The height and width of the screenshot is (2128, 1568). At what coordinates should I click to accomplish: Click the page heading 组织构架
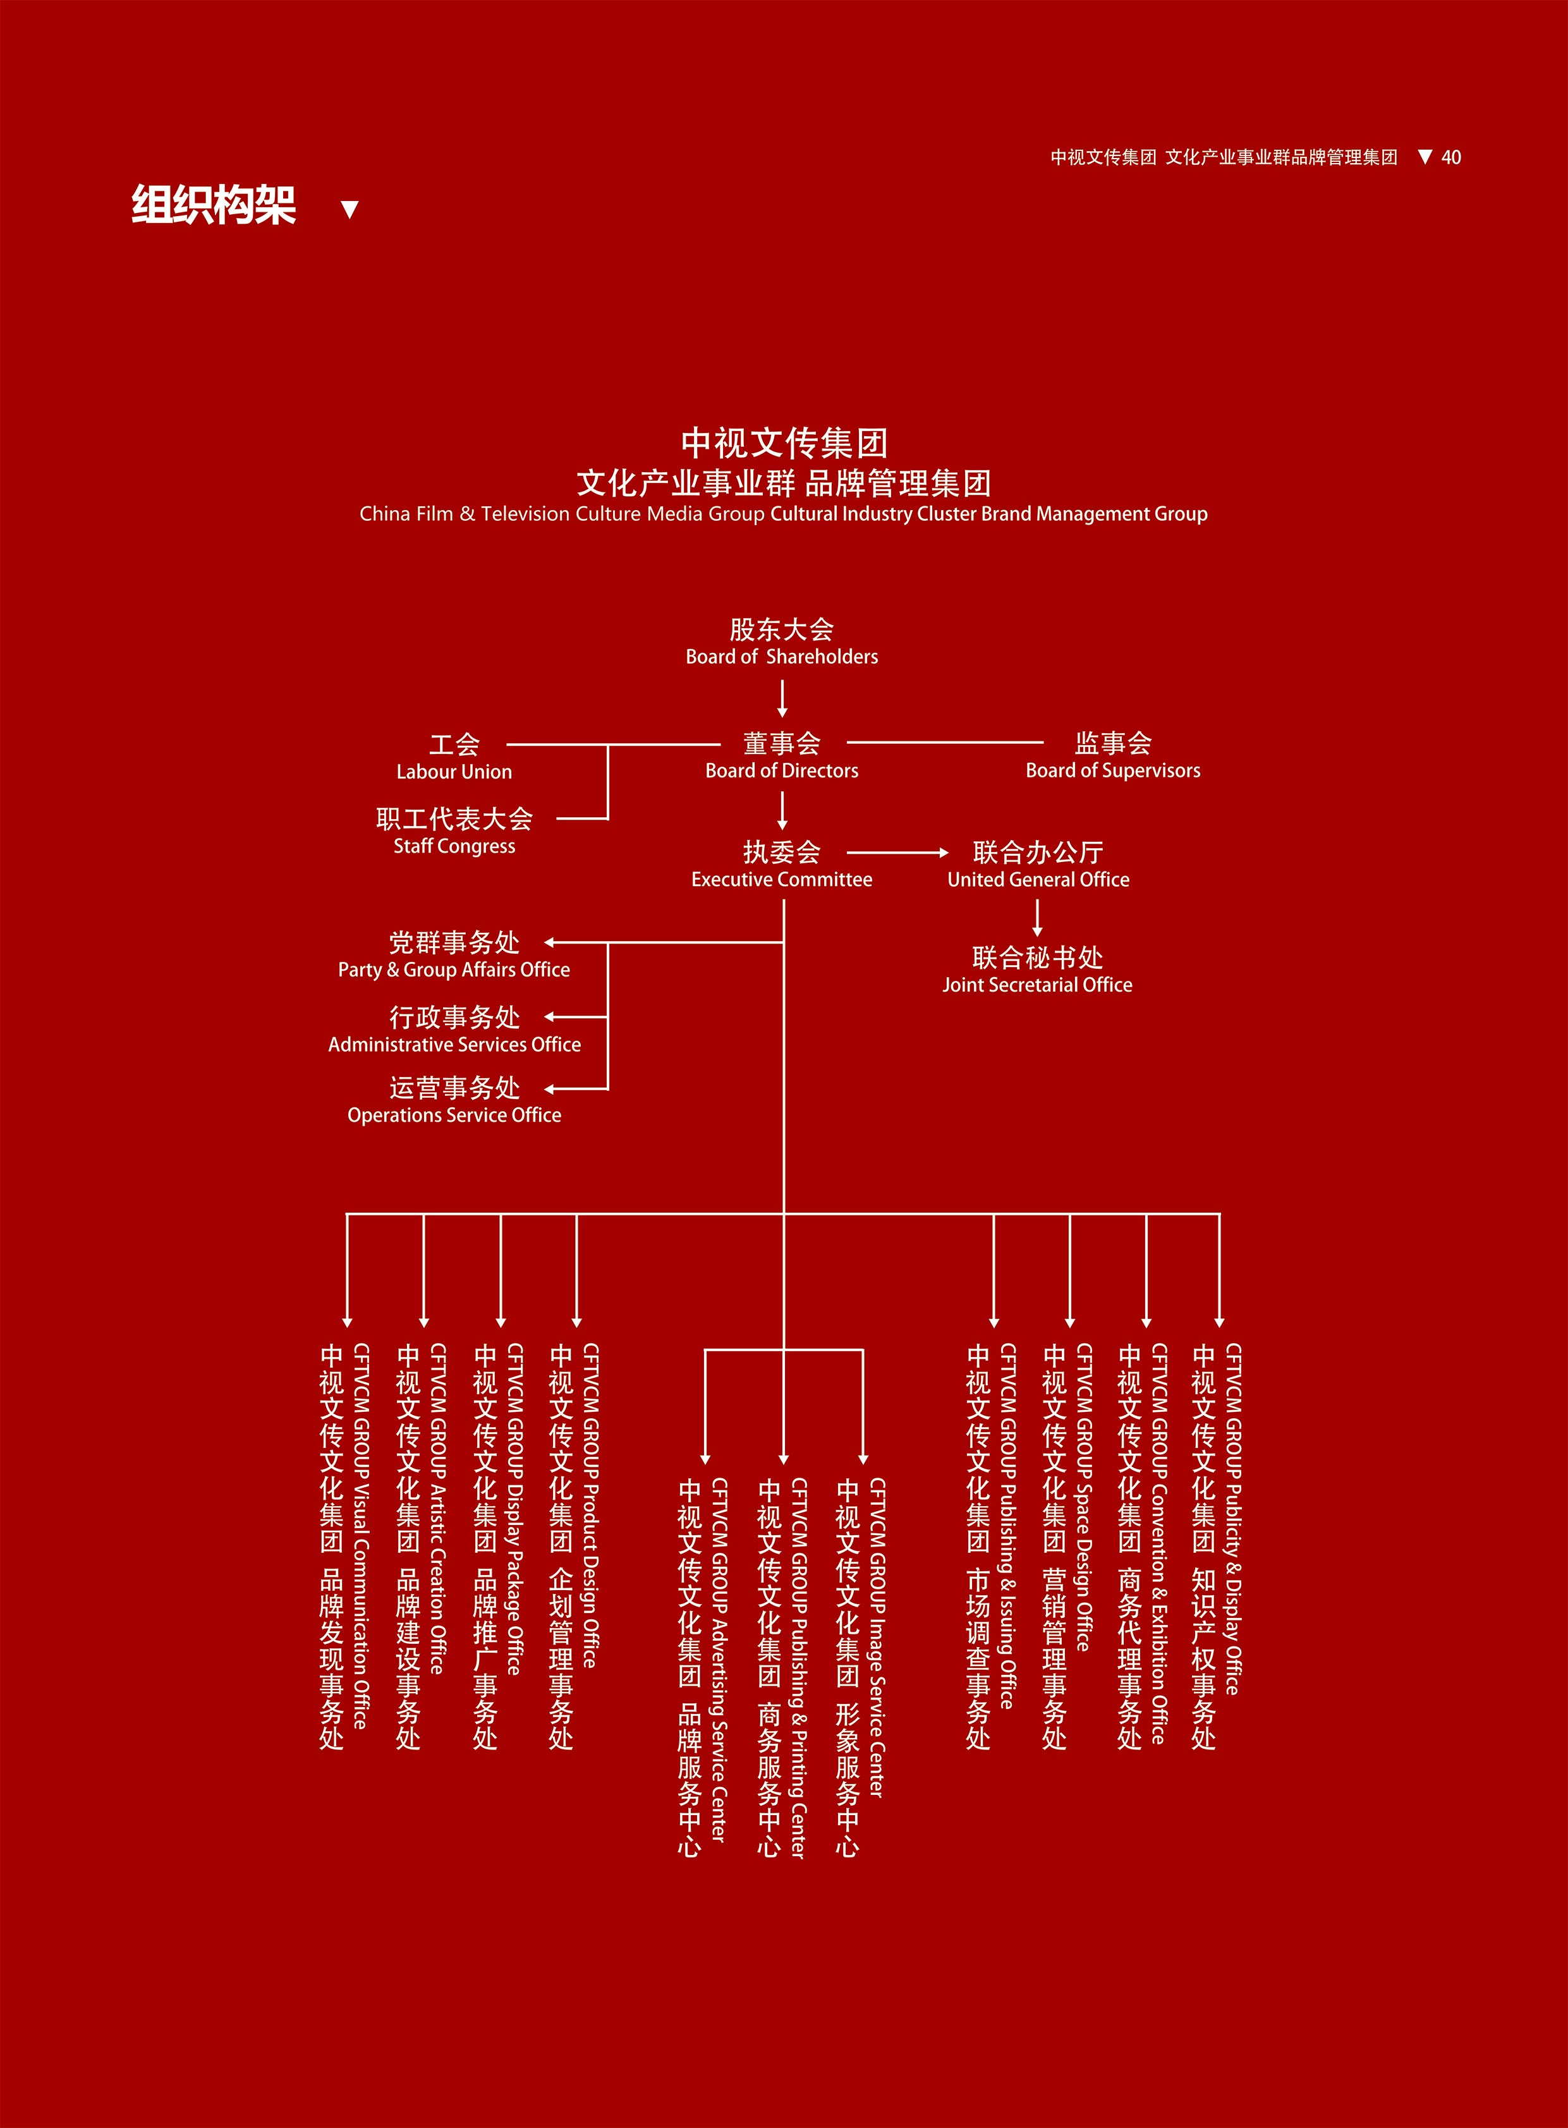pos(214,205)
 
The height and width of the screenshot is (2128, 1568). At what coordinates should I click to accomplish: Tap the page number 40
pos(1451,157)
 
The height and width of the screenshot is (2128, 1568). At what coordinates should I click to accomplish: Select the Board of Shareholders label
pos(782,657)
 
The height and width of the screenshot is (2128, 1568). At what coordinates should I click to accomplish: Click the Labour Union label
pos(454,772)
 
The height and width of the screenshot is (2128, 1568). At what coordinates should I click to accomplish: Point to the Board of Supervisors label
pos(1112,770)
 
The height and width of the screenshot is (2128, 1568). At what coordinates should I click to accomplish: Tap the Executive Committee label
pos(782,880)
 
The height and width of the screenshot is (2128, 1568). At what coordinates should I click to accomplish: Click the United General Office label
pos(1038,880)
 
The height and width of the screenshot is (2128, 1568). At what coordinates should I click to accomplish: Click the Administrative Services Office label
pos(454,1045)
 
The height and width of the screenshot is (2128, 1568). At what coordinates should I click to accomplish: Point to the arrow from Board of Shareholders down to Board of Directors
pos(782,698)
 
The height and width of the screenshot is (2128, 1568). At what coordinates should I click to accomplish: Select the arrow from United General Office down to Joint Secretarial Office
pos(1037,918)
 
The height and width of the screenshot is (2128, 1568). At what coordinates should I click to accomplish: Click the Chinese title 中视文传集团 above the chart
pos(784,443)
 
